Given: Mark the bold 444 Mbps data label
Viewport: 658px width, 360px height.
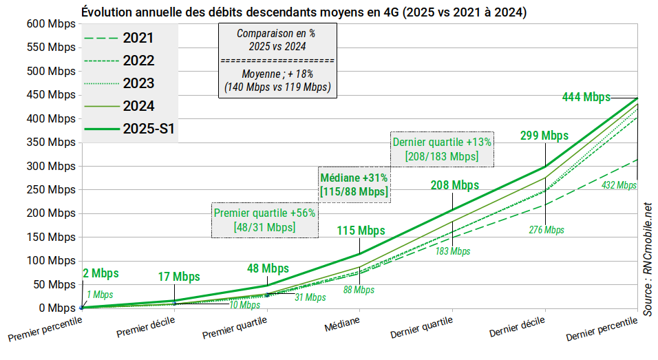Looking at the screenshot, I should click(586, 97).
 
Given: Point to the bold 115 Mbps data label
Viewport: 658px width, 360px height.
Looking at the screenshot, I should click(361, 231).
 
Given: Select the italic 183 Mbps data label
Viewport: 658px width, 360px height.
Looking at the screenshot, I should click(453, 251).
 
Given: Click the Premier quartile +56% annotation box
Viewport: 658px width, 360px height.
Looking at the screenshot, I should click(264, 220).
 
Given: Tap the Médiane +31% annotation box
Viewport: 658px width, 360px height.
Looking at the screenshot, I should click(354, 184).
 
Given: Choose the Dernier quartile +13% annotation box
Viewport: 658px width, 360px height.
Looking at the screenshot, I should click(442, 149).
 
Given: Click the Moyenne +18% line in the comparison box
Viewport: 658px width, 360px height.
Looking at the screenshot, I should click(277, 74).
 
